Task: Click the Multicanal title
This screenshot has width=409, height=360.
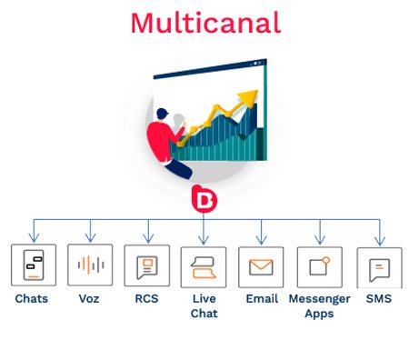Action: coord(204,23)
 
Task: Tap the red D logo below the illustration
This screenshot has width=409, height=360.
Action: coord(204,198)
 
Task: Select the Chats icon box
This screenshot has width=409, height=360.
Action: coord(34,266)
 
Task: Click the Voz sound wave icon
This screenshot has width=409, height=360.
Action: coord(90,265)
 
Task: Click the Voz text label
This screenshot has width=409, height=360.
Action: coord(90,298)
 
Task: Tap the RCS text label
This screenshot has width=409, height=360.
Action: coord(146,298)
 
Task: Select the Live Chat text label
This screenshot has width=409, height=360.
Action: coord(204,305)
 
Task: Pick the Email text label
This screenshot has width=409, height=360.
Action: coord(261,298)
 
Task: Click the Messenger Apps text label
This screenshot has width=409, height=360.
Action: coord(319,305)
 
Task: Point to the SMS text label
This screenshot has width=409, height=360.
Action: coord(379,298)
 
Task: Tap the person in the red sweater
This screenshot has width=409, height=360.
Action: coord(168,136)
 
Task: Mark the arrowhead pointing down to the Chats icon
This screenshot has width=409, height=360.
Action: coord(34,239)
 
